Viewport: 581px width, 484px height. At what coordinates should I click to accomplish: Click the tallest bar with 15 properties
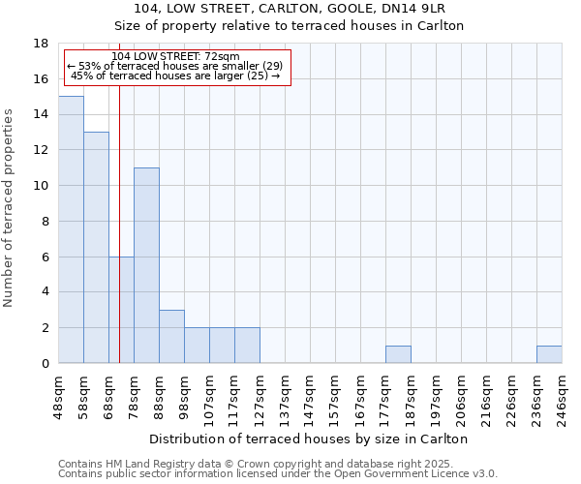click(71, 229)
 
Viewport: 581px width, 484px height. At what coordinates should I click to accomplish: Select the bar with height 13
click(96, 247)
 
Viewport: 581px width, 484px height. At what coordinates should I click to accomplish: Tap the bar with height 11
click(146, 265)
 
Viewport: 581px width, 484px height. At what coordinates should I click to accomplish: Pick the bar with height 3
click(171, 337)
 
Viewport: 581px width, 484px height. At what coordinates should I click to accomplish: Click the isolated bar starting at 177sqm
click(398, 354)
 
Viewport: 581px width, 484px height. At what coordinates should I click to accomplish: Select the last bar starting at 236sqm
click(549, 354)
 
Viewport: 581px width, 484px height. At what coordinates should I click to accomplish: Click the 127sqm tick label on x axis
click(260, 396)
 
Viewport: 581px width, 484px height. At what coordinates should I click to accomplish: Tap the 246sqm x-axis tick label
click(563, 396)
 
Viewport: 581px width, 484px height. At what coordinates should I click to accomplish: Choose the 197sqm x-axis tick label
click(437, 396)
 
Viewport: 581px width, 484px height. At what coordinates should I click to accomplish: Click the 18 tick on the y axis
click(41, 44)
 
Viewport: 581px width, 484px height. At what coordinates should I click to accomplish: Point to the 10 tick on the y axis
click(41, 186)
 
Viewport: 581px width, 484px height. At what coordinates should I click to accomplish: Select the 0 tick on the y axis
click(45, 364)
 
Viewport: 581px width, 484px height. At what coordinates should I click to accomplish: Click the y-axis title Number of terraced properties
click(10, 208)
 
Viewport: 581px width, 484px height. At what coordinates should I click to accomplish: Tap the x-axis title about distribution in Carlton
click(310, 439)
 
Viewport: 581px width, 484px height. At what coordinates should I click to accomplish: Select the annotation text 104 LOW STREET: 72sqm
click(175, 57)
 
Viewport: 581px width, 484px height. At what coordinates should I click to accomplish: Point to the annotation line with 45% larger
click(175, 76)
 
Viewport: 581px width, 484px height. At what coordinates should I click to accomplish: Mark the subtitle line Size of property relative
click(290, 26)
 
